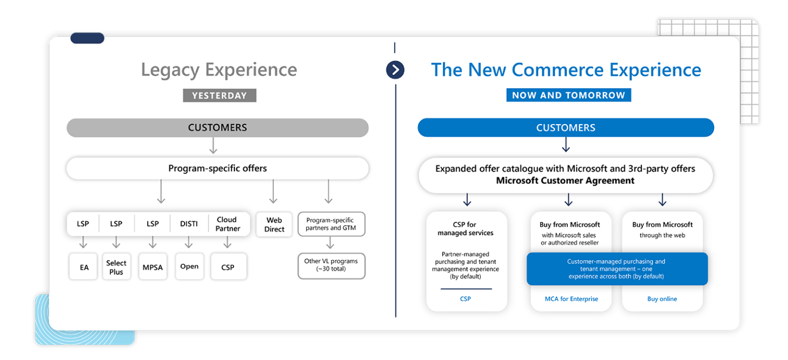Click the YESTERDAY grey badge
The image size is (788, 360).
[x=219, y=95]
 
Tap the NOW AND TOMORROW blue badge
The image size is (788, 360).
[x=568, y=95]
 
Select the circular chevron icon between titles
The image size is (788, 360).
[x=395, y=70]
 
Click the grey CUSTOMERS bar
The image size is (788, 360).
[x=218, y=128]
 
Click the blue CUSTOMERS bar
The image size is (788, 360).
[x=566, y=128]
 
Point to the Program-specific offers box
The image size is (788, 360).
[x=218, y=168]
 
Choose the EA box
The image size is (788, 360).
[x=84, y=267]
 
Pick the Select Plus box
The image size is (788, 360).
[x=116, y=267]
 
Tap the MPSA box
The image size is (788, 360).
[x=152, y=267]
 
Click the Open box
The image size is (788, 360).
[x=189, y=267]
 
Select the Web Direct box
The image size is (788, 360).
[x=274, y=225]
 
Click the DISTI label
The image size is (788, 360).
[x=189, y=224]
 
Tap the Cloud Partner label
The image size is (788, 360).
[x=227, y=224]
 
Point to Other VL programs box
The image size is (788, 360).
[x=331, y=265]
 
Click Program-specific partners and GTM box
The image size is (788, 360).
[x=331, y=224]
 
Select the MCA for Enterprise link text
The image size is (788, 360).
[x=571, y=299]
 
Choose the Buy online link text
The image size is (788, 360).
[x=662, y=299]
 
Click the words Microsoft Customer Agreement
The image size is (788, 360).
[x=565, y=181]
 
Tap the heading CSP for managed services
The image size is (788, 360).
[x=465, y=229]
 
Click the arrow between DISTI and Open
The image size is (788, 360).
[x=189, y=243]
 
